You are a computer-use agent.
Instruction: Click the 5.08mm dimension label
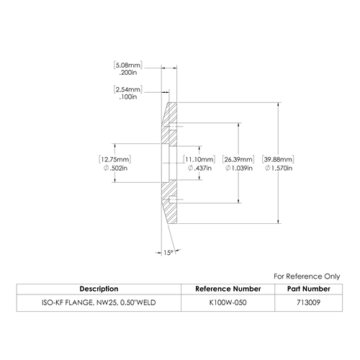click(x=128, y=66)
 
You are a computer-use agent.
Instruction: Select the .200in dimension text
click(x=128, y=73)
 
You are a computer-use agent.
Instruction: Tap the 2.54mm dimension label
click(x=128, y=89)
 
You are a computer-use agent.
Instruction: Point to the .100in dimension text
click(x=128, y=96)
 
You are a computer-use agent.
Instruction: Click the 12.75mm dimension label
click(x=115, y=159)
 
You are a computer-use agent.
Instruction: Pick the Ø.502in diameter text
click(x=115, y=168)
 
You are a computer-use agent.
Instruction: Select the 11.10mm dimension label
click(x=199, y=159)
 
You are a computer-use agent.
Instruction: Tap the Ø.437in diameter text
click(x=199, y=168)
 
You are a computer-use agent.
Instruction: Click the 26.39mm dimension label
click(x=238, y=159)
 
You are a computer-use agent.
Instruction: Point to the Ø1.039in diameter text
click(x=238, y=168)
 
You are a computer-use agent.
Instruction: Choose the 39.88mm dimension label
click(x=278, y=159)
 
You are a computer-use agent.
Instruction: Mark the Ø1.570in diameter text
click(x=279, y=168)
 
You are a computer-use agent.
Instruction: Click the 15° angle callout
click(x=168, y=253)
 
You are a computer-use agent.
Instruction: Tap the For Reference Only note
click(x=307, y=276)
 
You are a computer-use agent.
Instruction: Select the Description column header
click(x=99, y=289)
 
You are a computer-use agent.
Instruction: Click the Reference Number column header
click(x=228, y=289)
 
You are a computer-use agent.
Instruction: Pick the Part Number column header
click(x=309, y=289)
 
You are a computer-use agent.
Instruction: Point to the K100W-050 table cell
click(x=228, y=302)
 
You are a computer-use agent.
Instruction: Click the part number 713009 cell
click(x=309, y=302)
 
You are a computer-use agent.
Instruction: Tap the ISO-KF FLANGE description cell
click(x=99, y=302)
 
